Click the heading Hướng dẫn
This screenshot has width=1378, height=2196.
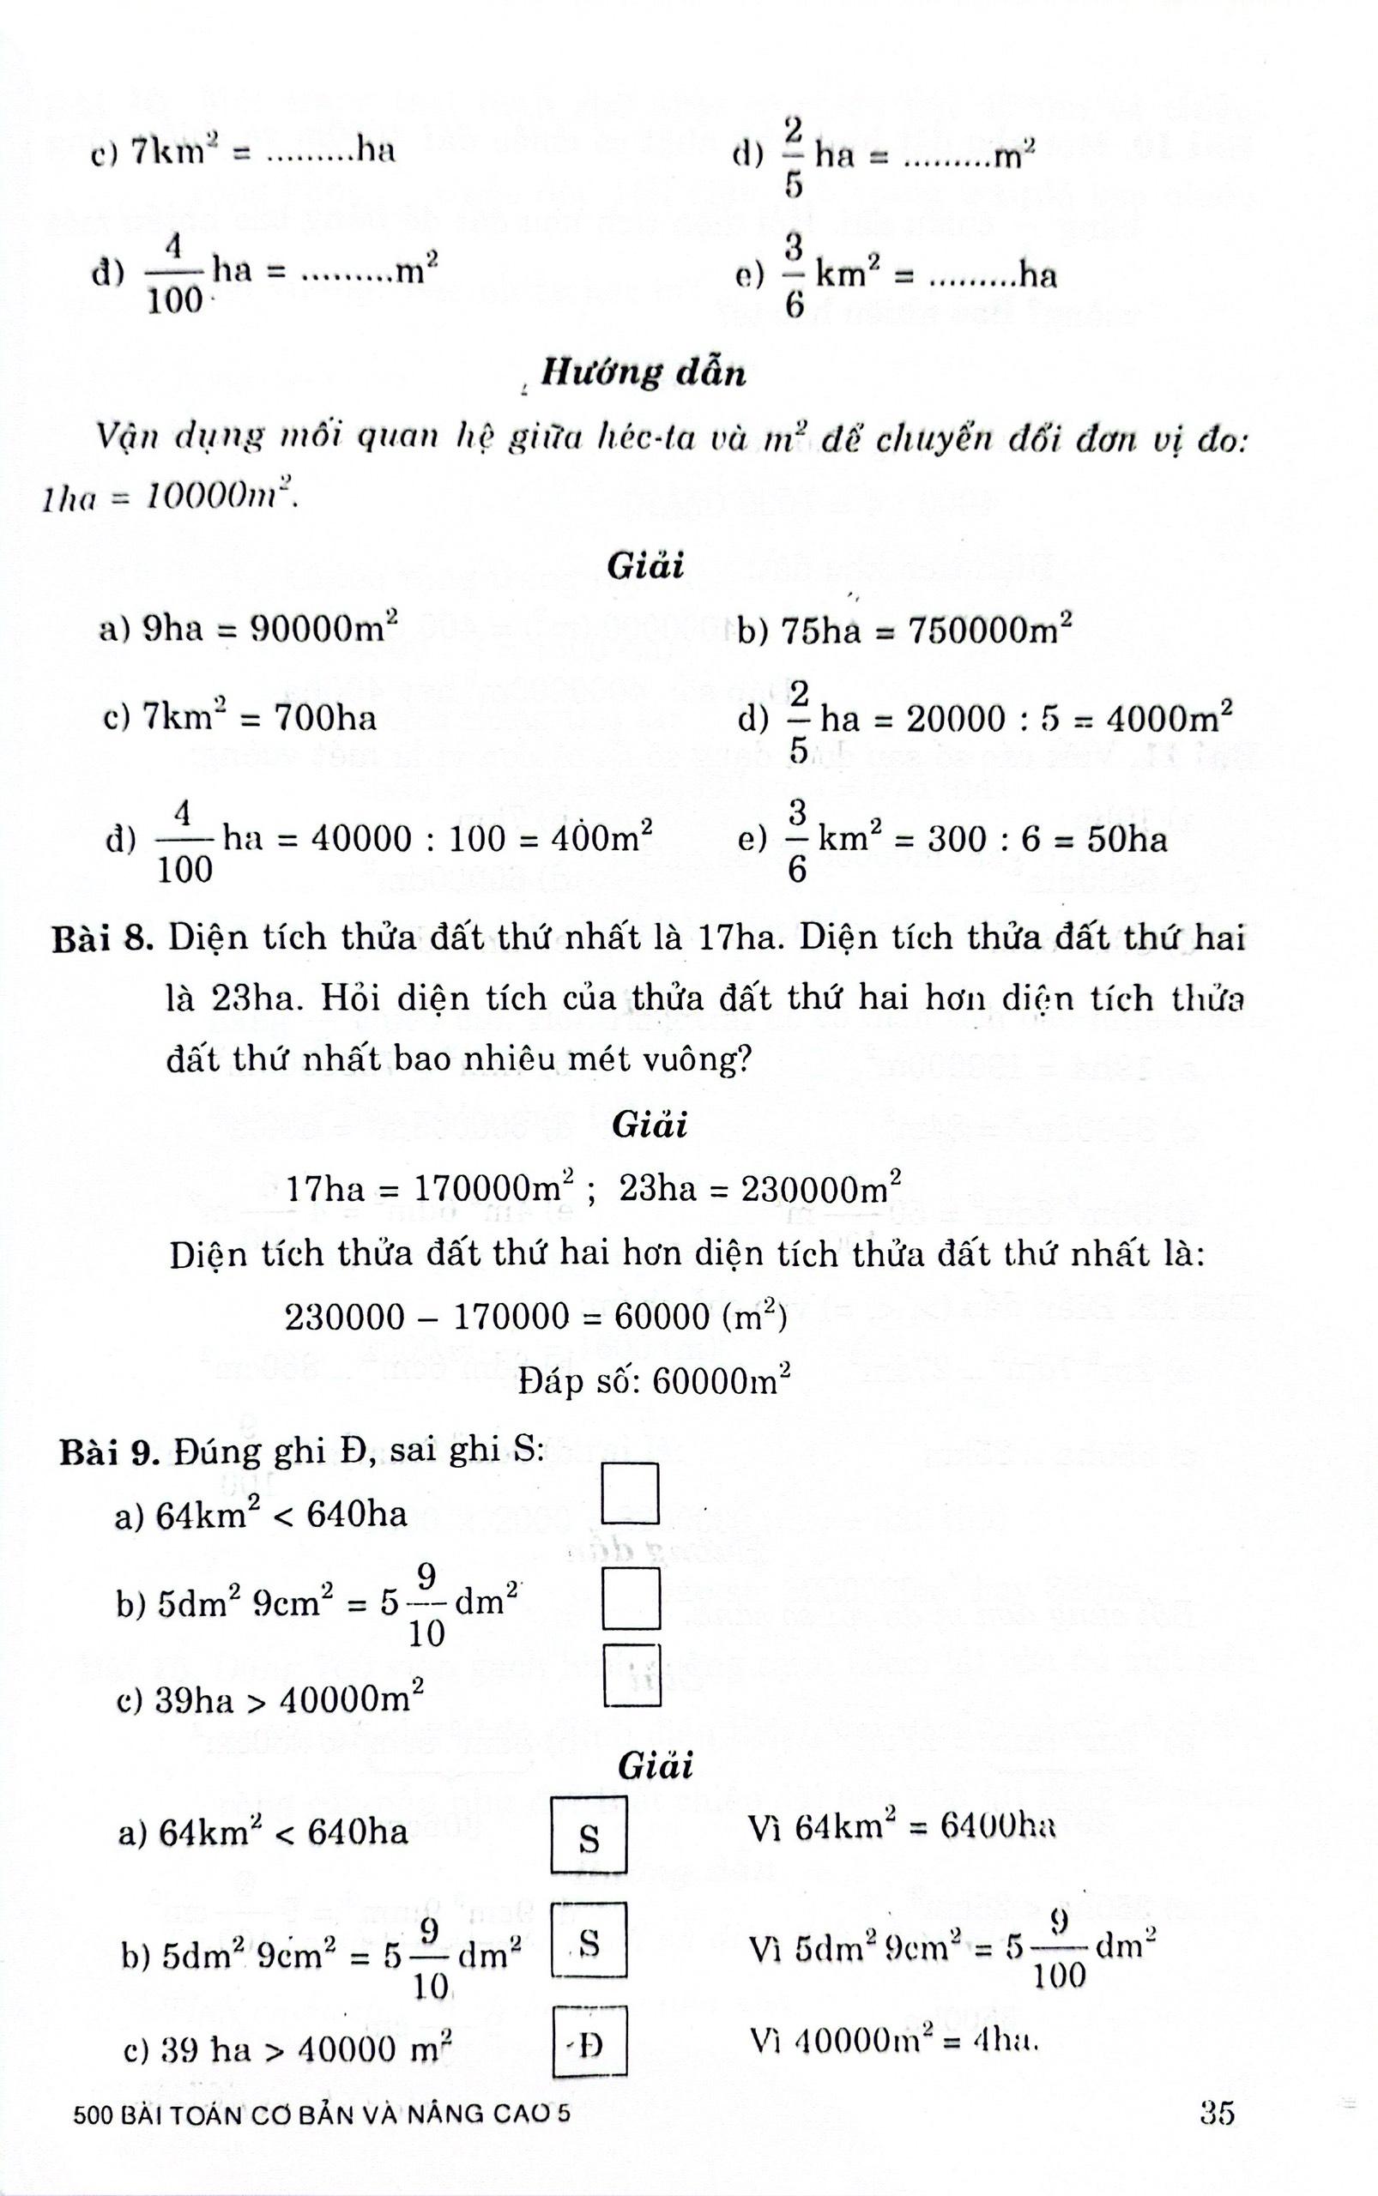tap(644, 371)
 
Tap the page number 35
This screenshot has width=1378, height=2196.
tap(1217, 2111)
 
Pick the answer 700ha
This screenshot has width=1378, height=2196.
tap(325, 718)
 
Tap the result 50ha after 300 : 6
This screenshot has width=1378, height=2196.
tap(1127, 838)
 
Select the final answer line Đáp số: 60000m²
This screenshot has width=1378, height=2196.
tap(654, 1382)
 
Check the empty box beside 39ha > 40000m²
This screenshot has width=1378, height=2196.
tap(632, 1674)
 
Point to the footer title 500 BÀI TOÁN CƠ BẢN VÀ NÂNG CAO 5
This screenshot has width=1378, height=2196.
tap(322, 2114)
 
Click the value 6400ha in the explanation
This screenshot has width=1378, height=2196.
tap(997, 1826)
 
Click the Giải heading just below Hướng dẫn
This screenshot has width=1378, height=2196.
tap(645, 566)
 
